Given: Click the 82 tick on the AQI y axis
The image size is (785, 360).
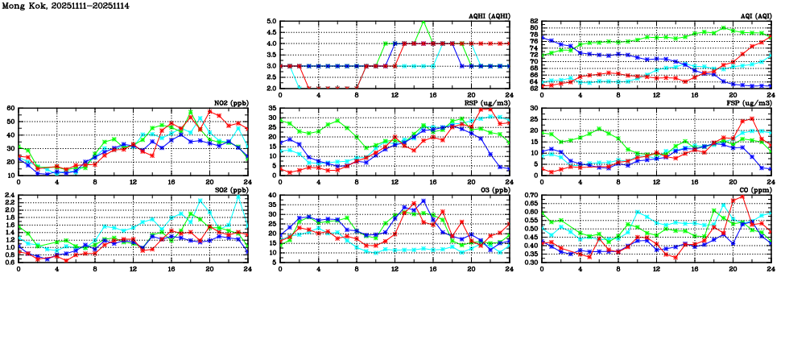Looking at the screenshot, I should pos(535,22).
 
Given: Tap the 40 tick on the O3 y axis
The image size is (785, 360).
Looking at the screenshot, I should pos(273,195).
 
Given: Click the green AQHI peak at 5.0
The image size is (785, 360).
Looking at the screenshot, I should pos(423,22).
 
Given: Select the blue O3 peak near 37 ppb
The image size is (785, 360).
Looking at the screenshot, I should pos(423,201).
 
